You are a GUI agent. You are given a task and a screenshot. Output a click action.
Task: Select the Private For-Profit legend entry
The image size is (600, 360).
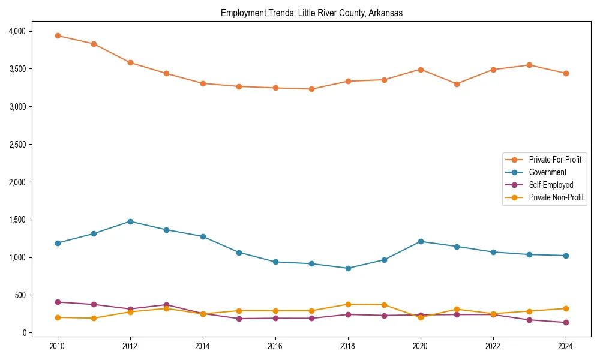550,160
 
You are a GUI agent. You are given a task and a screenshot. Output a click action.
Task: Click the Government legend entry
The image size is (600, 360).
547,172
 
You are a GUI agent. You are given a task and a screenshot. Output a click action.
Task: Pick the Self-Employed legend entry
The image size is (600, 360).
551,185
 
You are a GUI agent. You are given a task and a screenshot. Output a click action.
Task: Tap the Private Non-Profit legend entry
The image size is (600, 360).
556,197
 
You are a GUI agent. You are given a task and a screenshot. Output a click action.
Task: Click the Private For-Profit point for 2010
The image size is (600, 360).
58,35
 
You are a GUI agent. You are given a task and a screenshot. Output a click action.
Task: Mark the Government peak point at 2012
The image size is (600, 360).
130,221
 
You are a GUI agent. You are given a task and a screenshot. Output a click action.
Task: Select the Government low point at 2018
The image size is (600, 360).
348,268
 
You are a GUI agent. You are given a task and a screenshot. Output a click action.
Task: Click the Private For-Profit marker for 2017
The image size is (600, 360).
311,89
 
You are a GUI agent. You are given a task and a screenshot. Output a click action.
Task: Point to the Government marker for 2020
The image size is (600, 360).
421,241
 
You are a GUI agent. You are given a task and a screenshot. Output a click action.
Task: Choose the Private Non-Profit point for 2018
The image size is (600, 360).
348,304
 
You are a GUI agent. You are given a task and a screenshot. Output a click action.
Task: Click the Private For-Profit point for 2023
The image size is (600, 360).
529,65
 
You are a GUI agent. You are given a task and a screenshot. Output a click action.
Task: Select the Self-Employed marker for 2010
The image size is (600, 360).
58,302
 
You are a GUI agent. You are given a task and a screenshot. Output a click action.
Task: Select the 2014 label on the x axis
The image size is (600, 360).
203,346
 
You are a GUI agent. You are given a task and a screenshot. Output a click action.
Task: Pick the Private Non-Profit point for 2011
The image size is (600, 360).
94,318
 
